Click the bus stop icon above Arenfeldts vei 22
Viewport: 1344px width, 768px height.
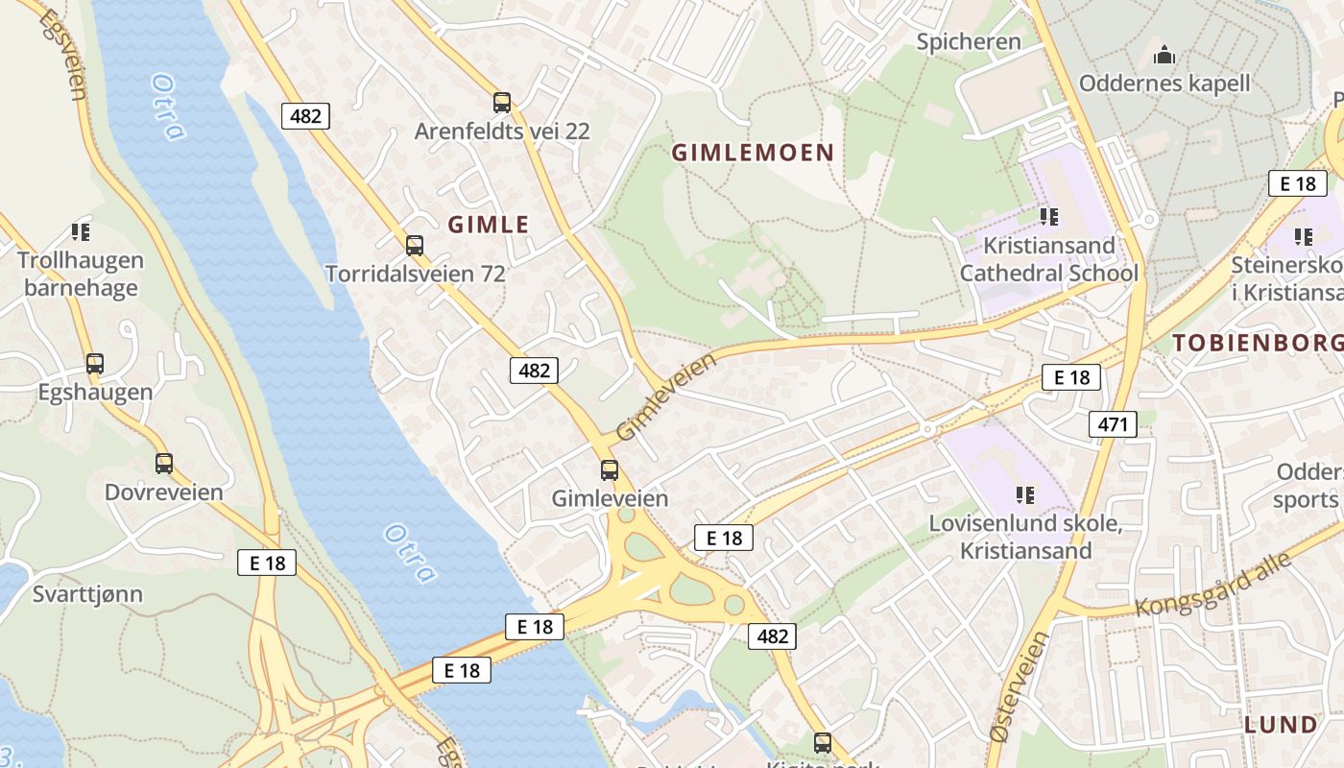(501, 103)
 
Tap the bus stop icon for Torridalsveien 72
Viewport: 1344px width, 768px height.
(414, 246)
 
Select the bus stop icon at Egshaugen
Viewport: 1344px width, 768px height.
(94, 364)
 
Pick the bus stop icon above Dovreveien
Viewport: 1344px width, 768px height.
(164, 464)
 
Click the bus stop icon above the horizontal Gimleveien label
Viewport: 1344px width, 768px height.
(610, 470)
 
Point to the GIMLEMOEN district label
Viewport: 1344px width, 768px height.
(753, 153)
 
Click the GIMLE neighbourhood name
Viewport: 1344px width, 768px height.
(489, 225)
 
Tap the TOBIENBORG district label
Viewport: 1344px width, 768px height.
(1257, 343)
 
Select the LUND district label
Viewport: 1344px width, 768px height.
(1281, 725)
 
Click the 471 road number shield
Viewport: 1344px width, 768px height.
(1113, 423)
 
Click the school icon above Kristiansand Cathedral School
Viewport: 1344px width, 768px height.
(1048, 217)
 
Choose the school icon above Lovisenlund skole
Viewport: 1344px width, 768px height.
(1025, 495)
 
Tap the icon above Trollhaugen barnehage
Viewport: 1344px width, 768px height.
(81, 232)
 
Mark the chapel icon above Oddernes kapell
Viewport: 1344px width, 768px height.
(1164, 55)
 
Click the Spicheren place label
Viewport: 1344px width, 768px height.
(969, 42)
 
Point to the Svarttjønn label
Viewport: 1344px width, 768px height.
(87, 594)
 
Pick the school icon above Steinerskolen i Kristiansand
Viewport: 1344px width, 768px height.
(1303, 236)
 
